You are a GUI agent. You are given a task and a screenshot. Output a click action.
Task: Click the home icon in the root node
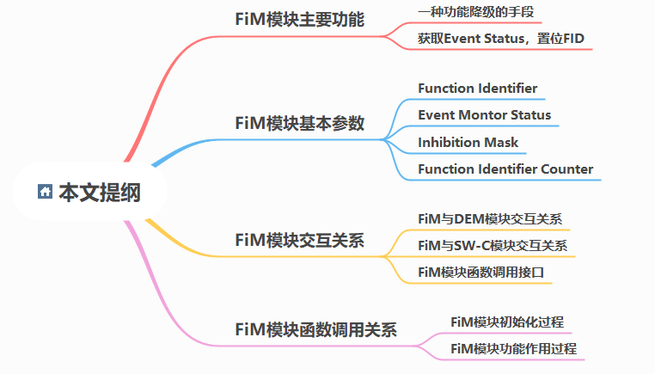point(46,192)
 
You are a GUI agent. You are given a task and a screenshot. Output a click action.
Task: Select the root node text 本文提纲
point(100,193)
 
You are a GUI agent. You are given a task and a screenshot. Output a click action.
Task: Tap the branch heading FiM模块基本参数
point(299,123)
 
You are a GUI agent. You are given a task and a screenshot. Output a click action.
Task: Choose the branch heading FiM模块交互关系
point(299,240)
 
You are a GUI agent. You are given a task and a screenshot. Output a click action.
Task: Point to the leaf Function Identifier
point(477,89)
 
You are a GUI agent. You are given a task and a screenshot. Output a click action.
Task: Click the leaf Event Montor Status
point(485,115)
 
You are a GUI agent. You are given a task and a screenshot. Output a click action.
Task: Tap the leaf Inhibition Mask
point(468,142)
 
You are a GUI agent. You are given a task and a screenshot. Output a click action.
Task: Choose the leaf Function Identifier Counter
point(505,169)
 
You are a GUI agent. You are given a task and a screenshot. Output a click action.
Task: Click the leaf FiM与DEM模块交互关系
point(490,219)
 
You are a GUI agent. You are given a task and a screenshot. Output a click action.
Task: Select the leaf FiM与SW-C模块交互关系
point(493,246)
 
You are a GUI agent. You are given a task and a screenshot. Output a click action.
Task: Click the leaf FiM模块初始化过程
point(507,322)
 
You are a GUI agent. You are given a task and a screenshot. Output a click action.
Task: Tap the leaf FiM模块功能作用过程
point(513,349)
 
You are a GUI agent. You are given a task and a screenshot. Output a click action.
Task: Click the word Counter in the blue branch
point(566,169)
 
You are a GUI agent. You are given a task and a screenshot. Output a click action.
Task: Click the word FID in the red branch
point(575,39)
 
